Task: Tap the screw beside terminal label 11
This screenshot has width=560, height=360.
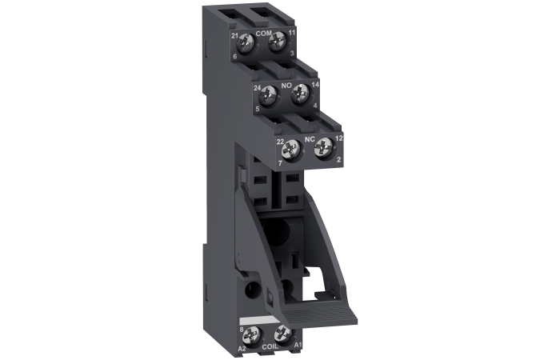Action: (277, 43)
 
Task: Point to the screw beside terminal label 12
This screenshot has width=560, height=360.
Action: (323, 147)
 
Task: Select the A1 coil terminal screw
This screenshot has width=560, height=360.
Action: (283, 334)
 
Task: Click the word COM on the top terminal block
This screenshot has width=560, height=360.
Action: (263, 34)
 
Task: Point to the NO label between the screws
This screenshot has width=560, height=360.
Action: (286, 86)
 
